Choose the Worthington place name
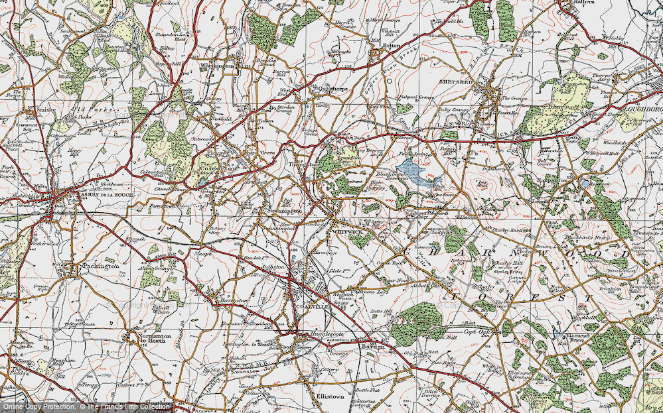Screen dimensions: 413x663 pos(219,66)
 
